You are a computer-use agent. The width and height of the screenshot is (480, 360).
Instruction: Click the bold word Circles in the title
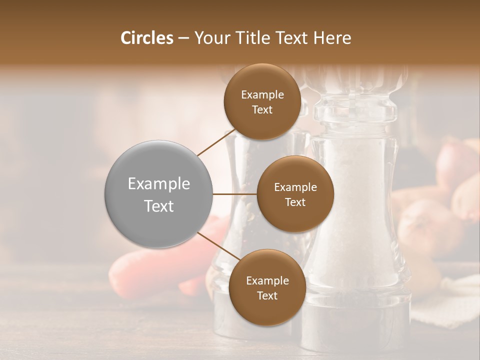tap(147, 38)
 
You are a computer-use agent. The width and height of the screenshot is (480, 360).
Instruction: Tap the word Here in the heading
tap(333, 38)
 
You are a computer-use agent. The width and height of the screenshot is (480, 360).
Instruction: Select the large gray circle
tap(159, 194)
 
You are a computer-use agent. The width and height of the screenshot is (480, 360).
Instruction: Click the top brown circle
tap(262, 102)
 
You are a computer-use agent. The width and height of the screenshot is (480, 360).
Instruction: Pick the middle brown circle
tap(295, 194)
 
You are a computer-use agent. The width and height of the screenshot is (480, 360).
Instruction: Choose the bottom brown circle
tap(267, 287)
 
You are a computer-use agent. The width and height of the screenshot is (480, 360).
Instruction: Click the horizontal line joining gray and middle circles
tap(235, 194)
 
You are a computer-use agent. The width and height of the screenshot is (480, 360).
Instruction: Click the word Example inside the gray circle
tap(159, 184)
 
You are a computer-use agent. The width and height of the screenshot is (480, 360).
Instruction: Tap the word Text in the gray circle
tap(159, 206)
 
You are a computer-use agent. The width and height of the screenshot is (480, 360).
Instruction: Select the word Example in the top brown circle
tap(262, 95)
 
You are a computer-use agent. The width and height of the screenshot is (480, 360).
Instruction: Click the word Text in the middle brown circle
tap(295, 202)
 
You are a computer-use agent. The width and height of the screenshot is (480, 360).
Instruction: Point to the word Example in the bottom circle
tap(267, 280)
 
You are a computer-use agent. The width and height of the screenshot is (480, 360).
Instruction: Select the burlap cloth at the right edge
tap(450, 300)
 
